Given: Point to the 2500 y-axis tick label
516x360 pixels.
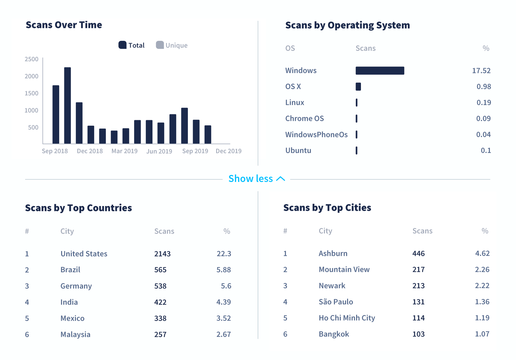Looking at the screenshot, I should coord(32,59).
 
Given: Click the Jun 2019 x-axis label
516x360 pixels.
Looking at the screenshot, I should coord(159,151).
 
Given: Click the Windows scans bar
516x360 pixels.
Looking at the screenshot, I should coord(380,71).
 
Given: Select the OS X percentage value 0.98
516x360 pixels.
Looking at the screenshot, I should coord(484,86).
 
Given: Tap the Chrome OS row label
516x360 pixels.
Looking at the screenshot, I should coord(304,119).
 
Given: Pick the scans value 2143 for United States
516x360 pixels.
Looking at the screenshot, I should coord(162,254).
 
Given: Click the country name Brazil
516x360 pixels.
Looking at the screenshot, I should coord(70,270).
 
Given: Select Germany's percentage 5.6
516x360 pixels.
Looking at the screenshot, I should coord(226,286).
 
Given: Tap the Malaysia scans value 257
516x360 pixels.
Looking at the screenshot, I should coord(160,335).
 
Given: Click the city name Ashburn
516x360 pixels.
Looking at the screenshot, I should coord(333,254).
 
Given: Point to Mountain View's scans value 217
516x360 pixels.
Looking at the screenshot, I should coord(419,270).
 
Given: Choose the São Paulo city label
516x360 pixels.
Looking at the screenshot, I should coord(336,302).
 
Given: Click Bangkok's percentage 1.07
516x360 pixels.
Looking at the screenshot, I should coord(482,334).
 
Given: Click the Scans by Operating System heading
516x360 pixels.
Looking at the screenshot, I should coord(347,25).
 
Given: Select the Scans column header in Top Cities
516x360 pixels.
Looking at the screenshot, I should coord(422,231).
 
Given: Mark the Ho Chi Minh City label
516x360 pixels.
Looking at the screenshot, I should coord(347,318).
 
